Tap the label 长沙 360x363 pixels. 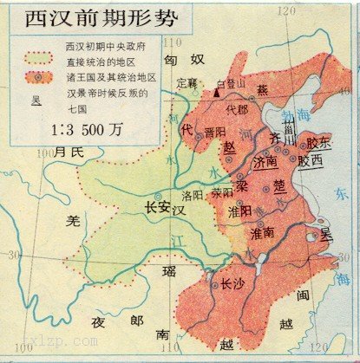[x=232, y=283]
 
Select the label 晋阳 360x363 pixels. [x=214, y=132]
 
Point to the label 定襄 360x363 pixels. [x=187, y=84]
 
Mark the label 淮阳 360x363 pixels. [x=240, y=210]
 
